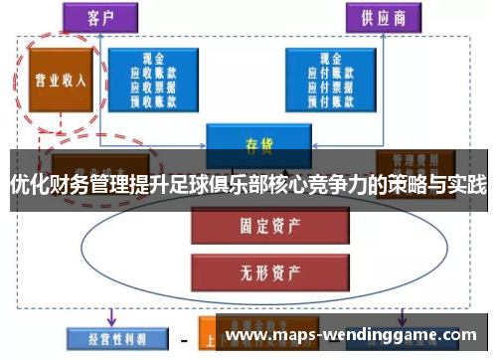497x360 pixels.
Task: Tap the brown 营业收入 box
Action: (x=57, y=79)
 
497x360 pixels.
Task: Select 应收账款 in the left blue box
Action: (x=155, y=73)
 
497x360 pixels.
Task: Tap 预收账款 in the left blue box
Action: (x=155, y=98)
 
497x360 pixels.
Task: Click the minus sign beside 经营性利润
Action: (x=183, y=337)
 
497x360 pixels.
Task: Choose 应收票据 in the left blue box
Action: (x=155, y=86)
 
